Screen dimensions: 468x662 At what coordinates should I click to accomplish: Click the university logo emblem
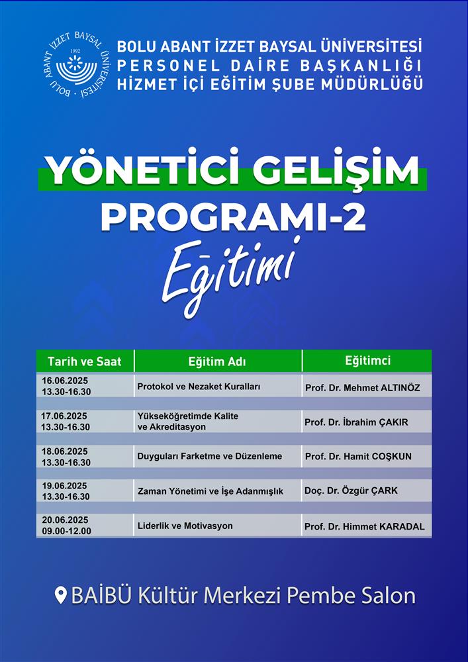tap(77, 64)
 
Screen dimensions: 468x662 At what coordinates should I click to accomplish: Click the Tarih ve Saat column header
tap(85, 361)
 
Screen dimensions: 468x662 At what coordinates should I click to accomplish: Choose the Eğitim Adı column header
tap(217, 362)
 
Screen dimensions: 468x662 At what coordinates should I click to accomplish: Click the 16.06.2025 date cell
tap(65, 381)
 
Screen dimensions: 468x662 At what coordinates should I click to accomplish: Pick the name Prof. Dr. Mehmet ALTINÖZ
tap(363, 387)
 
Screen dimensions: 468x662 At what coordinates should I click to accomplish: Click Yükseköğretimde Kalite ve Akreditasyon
tap(188, 421)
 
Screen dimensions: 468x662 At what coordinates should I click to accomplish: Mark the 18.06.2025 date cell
tap(65, 451)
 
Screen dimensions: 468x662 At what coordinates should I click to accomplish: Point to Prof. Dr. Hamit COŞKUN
tap(358, 456)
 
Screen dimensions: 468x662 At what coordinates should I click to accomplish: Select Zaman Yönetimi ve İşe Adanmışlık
tap(210, 491)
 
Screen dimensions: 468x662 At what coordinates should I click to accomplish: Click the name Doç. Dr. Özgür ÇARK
tap(351, 491)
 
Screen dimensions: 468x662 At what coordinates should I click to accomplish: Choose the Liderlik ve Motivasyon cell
tap(185, 526)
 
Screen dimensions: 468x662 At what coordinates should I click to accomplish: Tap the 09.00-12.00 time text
tap(66, 531)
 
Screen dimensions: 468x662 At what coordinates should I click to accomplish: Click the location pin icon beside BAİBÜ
tap(61, 596)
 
